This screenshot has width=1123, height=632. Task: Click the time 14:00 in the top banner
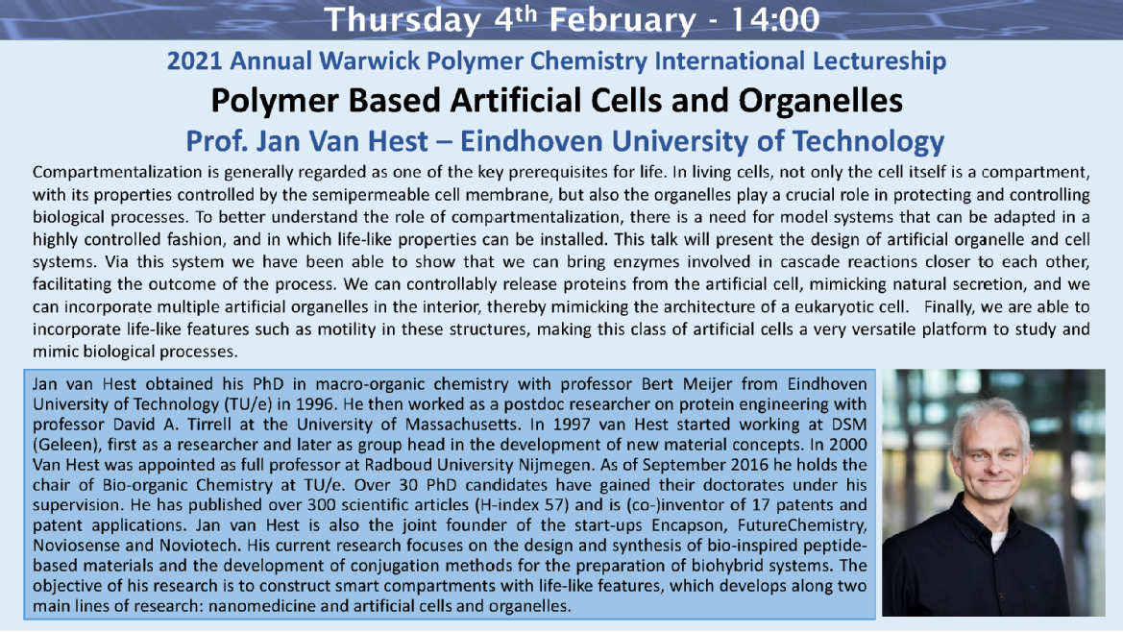coord(775,20)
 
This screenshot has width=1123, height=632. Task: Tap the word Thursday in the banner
coord(403,21)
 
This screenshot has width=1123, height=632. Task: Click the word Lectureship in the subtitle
coord(879,61)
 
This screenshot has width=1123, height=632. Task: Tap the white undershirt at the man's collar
coord(998,538)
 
